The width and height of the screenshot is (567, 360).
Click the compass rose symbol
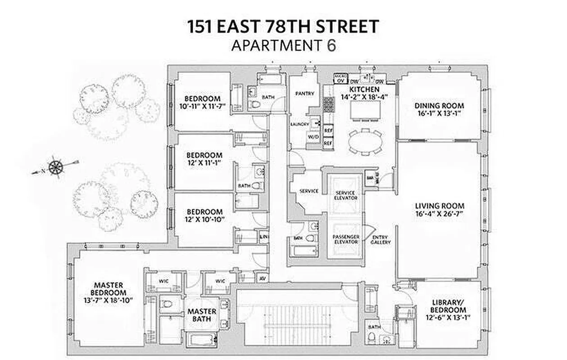55,167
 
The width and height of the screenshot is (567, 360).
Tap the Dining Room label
439,106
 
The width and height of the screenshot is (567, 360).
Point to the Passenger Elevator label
345,239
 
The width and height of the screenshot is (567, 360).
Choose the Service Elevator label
345,195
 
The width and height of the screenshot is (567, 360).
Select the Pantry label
304,94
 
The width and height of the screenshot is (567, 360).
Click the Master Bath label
202,315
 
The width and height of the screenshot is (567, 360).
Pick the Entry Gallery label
381,239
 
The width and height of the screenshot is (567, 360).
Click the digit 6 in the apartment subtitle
331,45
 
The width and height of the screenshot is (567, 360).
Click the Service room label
308,191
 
